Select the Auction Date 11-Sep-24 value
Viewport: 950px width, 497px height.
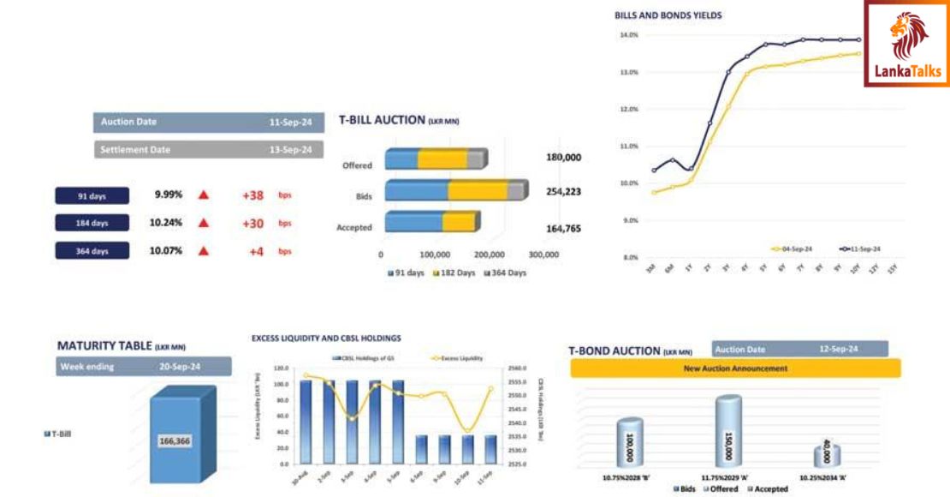[x=289, y=123]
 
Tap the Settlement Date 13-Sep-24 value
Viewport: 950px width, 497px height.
[x=289, y=150]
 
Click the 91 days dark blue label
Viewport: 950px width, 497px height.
[x=92, y=196]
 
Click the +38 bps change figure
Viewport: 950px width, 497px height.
[x=252, y=195]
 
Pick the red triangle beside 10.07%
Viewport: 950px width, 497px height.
[x=204, y=251]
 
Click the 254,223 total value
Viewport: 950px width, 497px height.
[x=563, y=191]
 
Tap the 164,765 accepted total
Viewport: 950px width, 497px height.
[x=563, y=228]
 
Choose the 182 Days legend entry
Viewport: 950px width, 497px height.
[x=454, y=272]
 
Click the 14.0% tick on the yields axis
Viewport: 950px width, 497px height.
[x=629, y=35]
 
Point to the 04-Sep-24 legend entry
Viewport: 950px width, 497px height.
[x=792, y=248]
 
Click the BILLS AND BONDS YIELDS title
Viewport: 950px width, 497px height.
[x=668, y=15]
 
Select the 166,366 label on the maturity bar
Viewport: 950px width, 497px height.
[x=175, y=440]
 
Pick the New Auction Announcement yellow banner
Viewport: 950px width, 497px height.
[x=735, y=368]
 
